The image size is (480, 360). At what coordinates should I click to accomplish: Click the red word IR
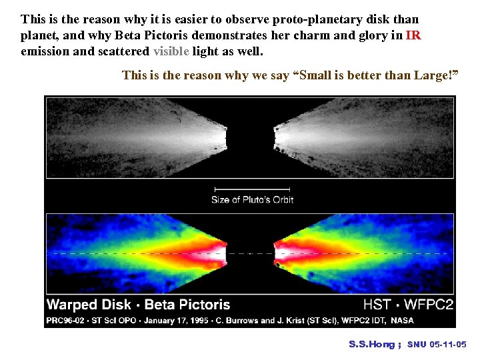413,36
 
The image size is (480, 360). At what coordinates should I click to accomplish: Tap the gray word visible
171,51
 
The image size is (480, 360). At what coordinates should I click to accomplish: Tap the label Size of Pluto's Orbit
253,199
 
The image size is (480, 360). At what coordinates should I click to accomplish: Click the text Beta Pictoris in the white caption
187,305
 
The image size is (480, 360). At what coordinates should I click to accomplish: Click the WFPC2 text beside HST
427,305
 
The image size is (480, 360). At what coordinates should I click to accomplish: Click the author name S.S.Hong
371,345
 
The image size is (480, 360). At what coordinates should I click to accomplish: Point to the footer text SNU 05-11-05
437,345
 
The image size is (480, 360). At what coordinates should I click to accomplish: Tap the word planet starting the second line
39,36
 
